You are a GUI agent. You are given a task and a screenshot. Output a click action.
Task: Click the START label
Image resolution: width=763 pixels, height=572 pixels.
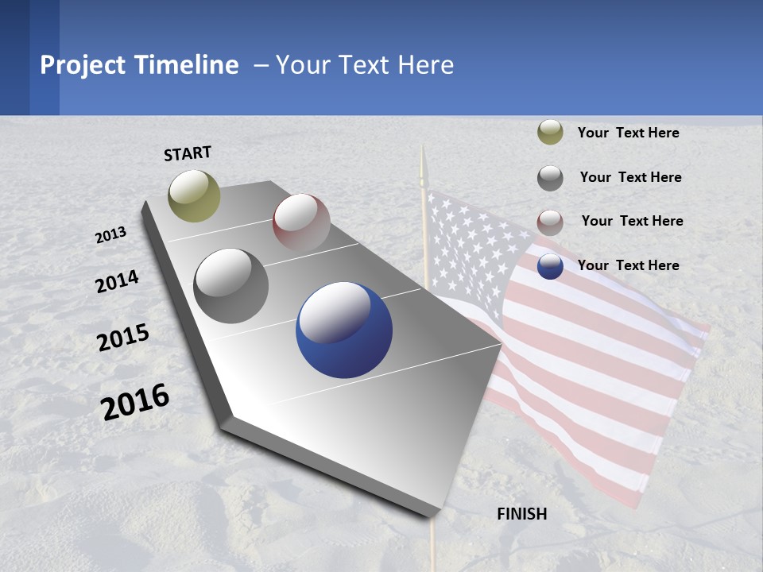pyautogui.click(x=188, y=153)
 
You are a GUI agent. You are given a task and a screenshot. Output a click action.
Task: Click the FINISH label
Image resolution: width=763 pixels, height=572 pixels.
pyautogui.click(x=522, y=514)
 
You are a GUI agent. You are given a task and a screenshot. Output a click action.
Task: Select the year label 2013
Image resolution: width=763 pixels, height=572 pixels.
pyautogui.click(x=111, y=234)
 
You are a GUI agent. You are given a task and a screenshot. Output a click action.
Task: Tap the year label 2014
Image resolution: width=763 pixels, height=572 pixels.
pyautogui.click(x=118, y=282)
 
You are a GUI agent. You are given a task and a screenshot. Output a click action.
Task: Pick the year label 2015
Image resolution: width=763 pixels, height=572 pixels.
pyautogui.click(x=123, y=338)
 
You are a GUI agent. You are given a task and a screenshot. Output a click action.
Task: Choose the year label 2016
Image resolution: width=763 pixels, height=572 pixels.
pyautogui.click(x=136, y=401)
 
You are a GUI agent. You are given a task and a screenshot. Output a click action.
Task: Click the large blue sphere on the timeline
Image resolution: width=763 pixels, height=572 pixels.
pyautogui.click(x=344, y=330)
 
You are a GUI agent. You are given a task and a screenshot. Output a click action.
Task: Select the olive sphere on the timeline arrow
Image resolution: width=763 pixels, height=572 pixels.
pyautogui.click(x=194, y=195)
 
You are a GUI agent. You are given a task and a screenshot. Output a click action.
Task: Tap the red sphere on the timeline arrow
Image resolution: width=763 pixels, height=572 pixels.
pyautogui.click(x=301, y=222)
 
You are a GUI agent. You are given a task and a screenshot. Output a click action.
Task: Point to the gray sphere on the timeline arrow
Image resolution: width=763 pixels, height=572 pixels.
pyautogui.click(x=231, y=285)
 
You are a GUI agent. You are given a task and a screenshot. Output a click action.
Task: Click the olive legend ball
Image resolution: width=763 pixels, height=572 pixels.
pyautogui.click(x=550, y=132)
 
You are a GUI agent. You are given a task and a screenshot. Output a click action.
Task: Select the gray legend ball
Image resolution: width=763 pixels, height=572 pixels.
pyautogui.click(x=550, y=178)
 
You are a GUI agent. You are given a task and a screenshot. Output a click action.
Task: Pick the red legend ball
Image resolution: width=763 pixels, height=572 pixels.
pyautogui.click(x=550, y=222)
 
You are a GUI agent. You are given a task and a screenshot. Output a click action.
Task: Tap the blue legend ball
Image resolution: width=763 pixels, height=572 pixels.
pyautogui.click(x=550, y=266)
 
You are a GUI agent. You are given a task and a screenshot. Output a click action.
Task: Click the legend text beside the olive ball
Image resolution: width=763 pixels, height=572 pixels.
pyautogui.click(x=628, y=133)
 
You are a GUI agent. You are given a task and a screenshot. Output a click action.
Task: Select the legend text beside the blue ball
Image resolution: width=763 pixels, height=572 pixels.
pyautogui.click(x=628, y=265)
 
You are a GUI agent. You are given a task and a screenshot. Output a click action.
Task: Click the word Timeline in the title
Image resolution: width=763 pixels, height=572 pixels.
pyautogui.click(x=189, y=65)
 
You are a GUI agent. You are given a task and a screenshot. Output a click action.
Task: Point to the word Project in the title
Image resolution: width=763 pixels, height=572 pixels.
pyautogui.click(x=84, y=65)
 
